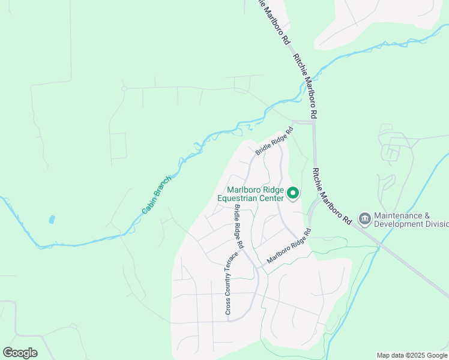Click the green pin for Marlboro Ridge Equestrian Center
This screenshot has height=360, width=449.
(293, 193)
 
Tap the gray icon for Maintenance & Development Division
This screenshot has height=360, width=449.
(364, 220)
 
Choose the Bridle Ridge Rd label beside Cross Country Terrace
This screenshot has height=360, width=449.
(238, 227)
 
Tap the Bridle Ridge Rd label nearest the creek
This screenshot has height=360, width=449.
(274, 141)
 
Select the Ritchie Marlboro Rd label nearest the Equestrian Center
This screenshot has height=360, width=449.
(331, 196)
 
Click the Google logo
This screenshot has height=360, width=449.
(20, 353)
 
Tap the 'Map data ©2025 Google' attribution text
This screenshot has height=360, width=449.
(412, 355)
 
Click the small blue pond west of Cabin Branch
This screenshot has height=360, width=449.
(51, 220)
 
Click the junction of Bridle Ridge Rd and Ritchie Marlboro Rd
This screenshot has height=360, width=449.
(313, 122)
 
